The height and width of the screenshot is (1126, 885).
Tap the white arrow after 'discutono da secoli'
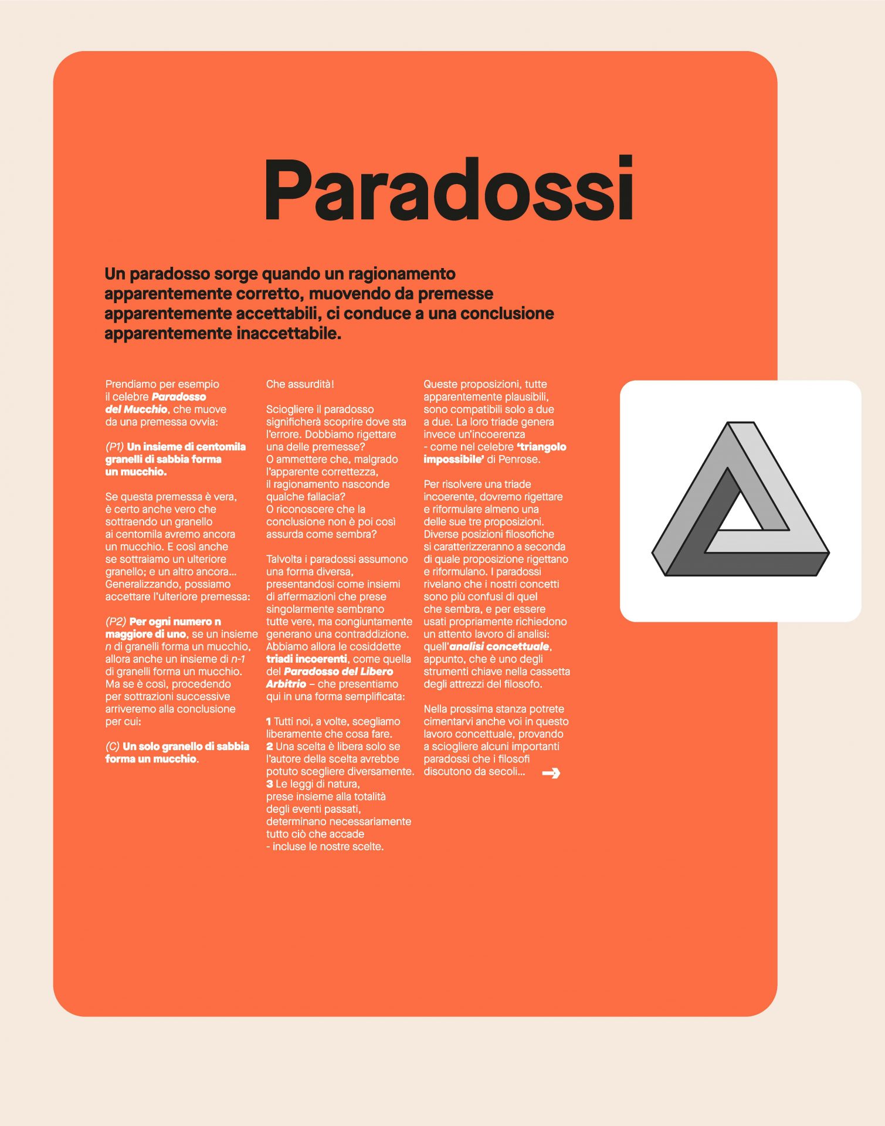(x=551, y=773)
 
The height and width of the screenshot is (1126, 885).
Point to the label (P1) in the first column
(x=114, y=447)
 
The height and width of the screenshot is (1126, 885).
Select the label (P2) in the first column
(x=116, y=622)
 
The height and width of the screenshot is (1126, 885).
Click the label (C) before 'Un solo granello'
(x=112, y=747)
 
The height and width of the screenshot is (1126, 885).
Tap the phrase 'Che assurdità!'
(x=300, y=385)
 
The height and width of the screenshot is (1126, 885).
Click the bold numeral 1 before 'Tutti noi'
(x=269, y=722)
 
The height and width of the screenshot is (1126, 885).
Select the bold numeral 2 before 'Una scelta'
(x=269, y=747)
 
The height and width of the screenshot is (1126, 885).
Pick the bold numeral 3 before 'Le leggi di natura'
(x=269, y=784)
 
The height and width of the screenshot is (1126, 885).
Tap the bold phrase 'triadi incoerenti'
(x=306, y=659)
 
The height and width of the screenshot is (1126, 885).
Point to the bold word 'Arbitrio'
(x=286, y=684)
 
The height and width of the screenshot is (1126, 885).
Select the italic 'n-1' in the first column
(x=238, y=659)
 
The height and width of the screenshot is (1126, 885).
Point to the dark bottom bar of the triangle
(x=745, y=564)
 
